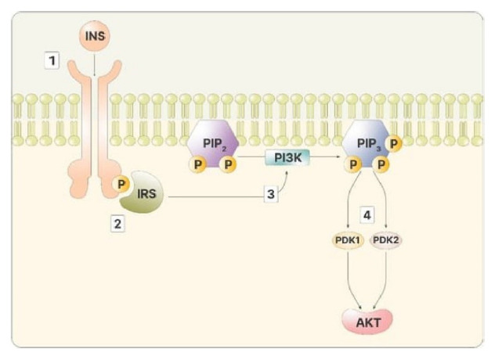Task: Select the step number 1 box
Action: coord(52,60)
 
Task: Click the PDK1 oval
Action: coord(346,239)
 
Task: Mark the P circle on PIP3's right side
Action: coord(395,144)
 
